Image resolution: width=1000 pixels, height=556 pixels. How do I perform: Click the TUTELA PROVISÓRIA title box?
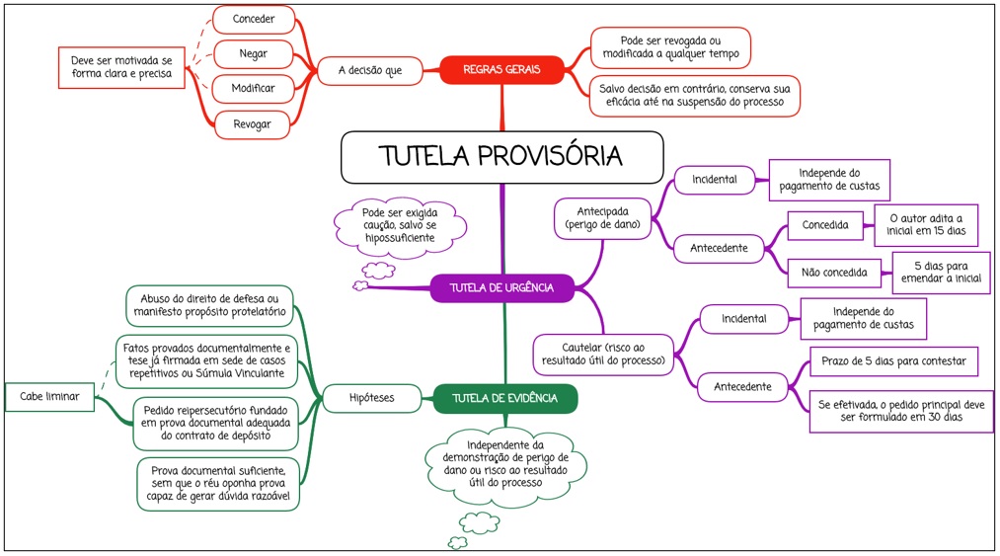click(501, 157)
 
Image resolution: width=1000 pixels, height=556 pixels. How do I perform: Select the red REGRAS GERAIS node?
click(500, 70)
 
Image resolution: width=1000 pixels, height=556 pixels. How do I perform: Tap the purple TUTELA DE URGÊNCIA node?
click(501, 288)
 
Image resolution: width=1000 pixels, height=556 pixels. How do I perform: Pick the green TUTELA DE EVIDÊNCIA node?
click(504, 399)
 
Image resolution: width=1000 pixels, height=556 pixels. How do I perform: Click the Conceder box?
click(254, 19)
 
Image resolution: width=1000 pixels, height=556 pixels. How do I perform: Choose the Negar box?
click(254, 53)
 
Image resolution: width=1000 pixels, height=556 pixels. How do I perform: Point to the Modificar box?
click(254, 89)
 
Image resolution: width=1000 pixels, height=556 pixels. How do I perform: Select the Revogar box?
click(254, 123)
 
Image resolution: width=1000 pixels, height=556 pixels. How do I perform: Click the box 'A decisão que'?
click(369, 71)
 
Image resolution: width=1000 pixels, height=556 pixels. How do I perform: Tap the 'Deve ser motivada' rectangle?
click(121, 67)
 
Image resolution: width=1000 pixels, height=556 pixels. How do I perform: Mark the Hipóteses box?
click(371, 399)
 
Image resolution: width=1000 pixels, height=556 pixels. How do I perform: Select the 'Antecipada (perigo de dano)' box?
click(603, 217)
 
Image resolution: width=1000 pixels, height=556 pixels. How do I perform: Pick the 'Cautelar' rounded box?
click(602, 355)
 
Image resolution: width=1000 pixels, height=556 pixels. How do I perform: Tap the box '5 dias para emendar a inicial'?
click(941, 273)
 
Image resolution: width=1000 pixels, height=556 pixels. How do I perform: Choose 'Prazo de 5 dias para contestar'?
click(893, 361)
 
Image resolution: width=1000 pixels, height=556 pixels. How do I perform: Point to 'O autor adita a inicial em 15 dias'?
click(926, 225)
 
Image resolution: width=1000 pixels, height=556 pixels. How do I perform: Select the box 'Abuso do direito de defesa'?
click(210, 305)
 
